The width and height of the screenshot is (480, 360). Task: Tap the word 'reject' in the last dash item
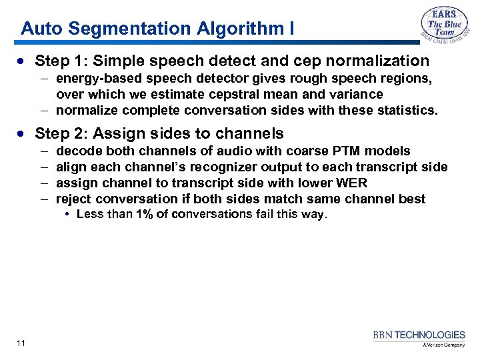[x=75, y=199]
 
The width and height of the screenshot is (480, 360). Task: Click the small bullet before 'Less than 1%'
[x=69, y=214]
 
